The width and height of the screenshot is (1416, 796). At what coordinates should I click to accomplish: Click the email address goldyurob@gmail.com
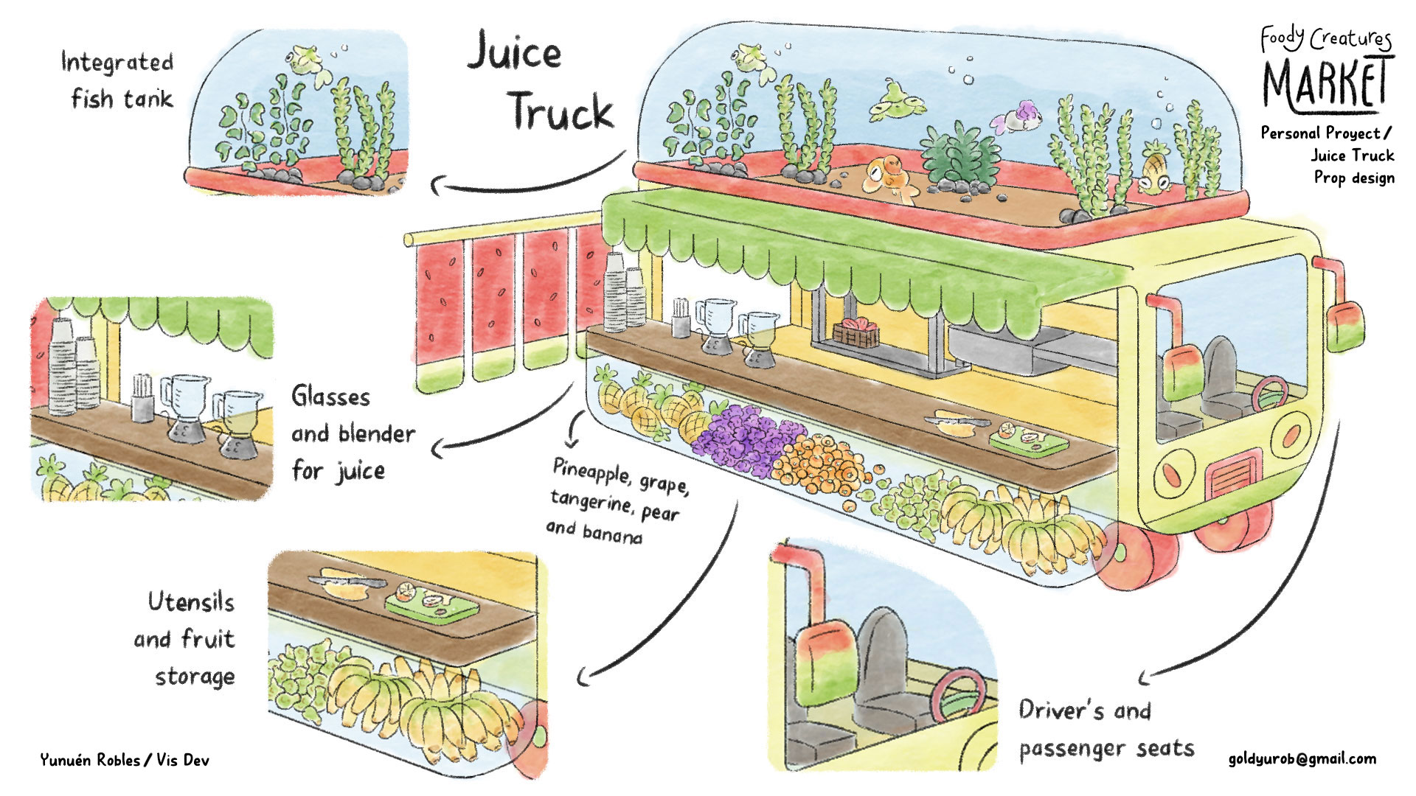point(1302,759)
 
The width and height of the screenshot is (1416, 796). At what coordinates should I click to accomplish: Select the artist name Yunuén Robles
point(89,760)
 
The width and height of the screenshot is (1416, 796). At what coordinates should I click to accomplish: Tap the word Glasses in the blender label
point(330,397)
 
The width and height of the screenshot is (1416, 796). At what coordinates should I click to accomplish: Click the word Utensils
point(191,602)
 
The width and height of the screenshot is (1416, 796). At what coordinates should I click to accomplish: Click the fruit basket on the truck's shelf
point(855,333)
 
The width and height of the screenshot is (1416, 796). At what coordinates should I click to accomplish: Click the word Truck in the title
point(560,112)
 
